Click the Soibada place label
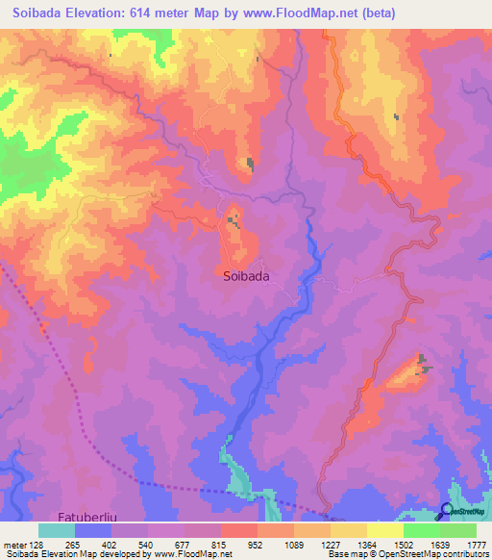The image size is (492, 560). [245, 275]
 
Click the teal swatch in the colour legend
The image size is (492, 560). [56, 530]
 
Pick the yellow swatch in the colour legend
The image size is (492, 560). [384, 530]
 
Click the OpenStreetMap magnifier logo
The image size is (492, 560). [447, 511]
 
